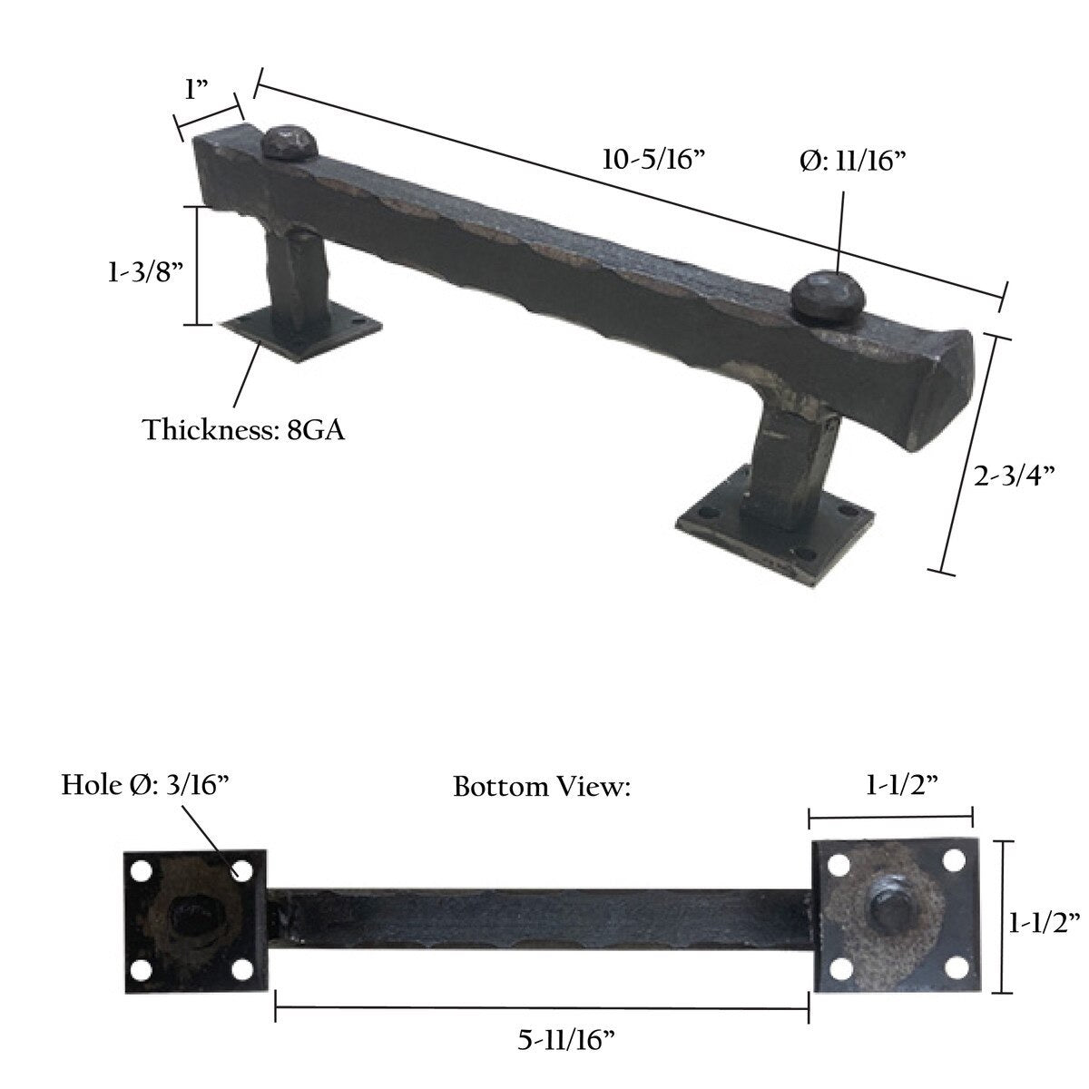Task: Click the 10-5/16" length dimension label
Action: (652, 160)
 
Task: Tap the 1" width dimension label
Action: (197, 90)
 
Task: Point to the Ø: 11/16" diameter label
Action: (852, 162)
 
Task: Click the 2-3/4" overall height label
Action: (1014, 476)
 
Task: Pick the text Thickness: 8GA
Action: (243, 429)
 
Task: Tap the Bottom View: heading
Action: (542, 787)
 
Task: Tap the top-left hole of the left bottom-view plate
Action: (141, 871)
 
